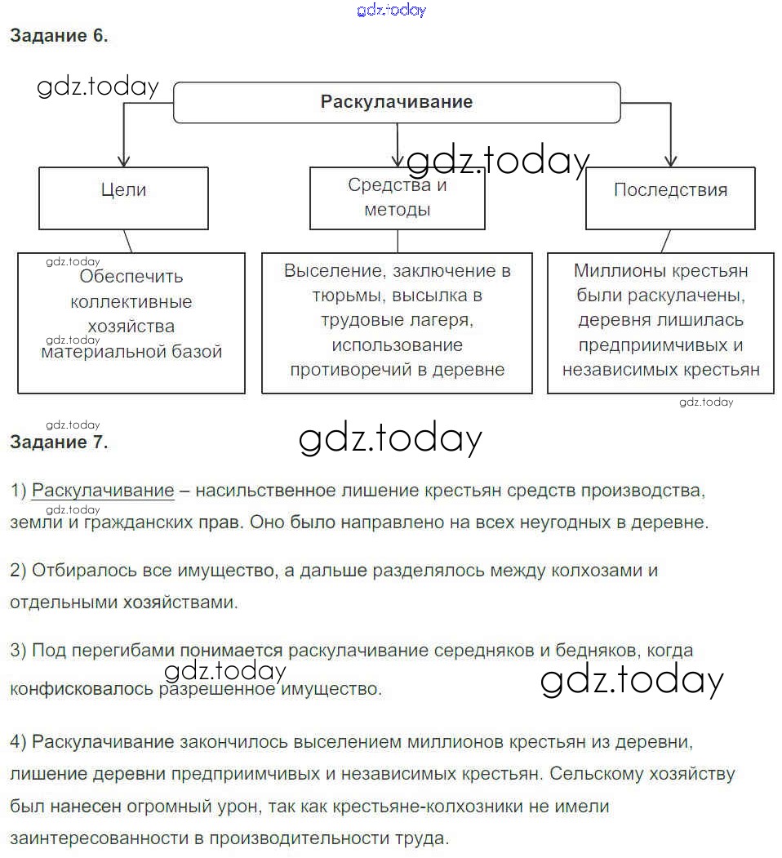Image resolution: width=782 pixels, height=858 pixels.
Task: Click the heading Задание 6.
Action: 59,36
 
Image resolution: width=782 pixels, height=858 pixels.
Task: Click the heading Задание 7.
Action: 59,442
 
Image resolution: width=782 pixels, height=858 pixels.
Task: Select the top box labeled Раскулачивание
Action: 397,102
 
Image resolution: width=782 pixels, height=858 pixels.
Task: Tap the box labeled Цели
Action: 123,190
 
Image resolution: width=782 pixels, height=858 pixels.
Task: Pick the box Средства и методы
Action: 398,198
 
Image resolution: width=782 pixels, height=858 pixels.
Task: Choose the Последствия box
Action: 670,190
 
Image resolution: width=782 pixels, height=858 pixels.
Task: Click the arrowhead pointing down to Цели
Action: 123,159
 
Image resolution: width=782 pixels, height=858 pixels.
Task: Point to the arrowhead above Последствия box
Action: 670,159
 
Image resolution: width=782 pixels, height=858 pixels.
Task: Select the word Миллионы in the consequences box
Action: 616,270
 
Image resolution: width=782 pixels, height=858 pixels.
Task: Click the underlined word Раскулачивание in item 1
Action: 103,491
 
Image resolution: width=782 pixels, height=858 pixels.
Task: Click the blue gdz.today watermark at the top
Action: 392,11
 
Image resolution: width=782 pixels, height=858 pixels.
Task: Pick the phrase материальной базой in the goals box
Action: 131,352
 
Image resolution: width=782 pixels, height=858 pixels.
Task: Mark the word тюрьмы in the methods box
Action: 341,295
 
